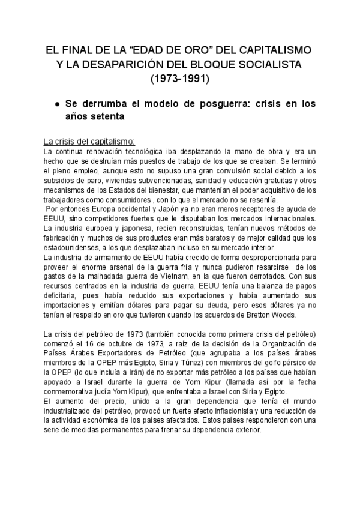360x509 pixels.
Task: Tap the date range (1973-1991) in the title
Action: (x=179, y=77)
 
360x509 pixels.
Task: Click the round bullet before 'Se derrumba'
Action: (x=56, y=104)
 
